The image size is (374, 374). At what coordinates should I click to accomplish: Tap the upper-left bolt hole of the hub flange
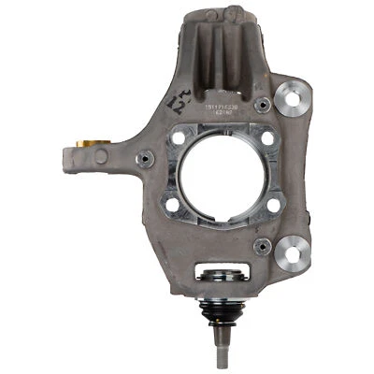tap(177, 139)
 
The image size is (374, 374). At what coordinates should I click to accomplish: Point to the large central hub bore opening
tap(223, 173)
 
